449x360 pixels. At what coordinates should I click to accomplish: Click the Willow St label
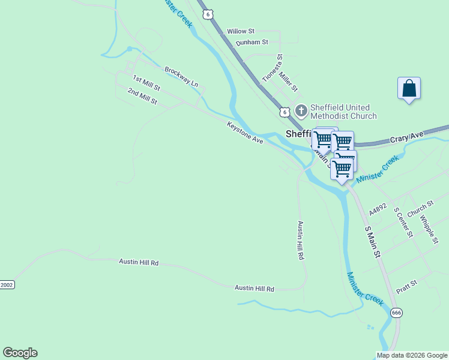[x=241, y=31]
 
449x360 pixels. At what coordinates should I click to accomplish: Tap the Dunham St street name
[x=252, y=43]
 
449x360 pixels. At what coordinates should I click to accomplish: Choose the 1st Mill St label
[x=146, y=83]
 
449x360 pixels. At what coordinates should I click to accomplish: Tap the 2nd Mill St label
[x=142, y=95]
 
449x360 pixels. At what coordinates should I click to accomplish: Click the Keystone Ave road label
[x=245, y=133]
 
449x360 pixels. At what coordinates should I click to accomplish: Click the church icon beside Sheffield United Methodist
[x=301, y=111]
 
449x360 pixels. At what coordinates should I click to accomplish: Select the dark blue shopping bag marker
[x=409, y=89]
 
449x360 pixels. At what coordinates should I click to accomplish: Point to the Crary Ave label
[x=407, y=138]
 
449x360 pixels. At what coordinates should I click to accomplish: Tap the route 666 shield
[x=396, y=313]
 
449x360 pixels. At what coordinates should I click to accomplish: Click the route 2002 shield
[x=7, y=284]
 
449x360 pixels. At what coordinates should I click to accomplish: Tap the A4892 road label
[x=378, y=209]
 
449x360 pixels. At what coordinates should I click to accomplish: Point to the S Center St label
[x=402, y=221]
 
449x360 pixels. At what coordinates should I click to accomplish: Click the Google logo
[x=20, y=353]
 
